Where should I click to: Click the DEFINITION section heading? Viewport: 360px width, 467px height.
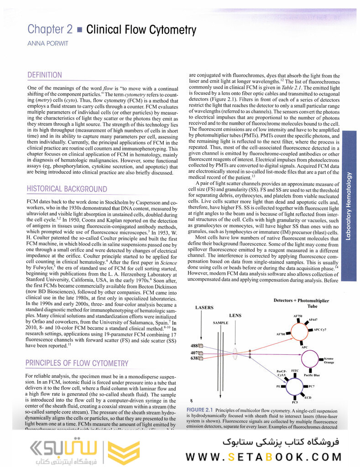[x=45, y=75]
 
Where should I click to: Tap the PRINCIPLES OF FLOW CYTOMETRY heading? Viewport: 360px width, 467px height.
[x=77, y=363]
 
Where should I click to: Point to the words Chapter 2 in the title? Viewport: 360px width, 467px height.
[x=50, y=30]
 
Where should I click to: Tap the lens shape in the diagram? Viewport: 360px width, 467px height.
[x=235, y=352]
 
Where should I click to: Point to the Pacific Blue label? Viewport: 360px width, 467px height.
[x=312, y=375]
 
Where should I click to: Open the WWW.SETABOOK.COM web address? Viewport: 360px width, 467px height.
[x=271, y=457]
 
